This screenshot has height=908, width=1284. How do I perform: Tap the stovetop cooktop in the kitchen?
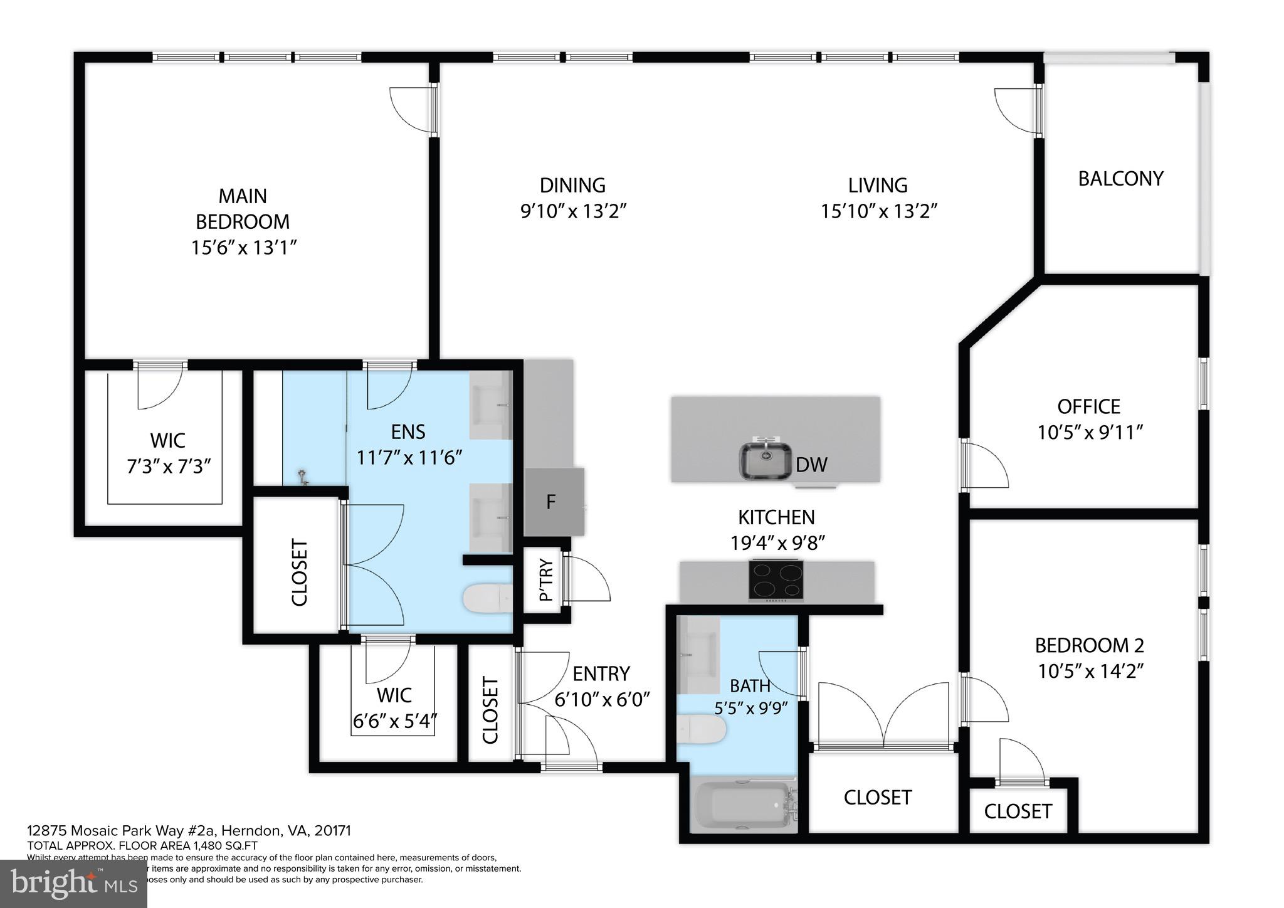tap(777, 580)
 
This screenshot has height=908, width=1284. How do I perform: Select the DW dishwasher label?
tap(811, 465)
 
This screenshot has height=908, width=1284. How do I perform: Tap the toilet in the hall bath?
tap(702, 729)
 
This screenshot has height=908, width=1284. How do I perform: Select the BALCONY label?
tap(1120, 179)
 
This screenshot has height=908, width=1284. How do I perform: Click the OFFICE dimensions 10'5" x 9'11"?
tap(1090, 433)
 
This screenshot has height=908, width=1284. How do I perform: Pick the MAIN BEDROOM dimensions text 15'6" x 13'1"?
tap(243, 248)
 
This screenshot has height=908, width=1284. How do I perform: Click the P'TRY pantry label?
tap(547, 580)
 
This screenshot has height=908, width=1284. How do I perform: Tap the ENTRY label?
tap(601, 673)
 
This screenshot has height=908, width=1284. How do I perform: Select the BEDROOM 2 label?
tap(1089, 645)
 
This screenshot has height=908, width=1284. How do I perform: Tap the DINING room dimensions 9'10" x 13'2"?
tap(573, 211)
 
